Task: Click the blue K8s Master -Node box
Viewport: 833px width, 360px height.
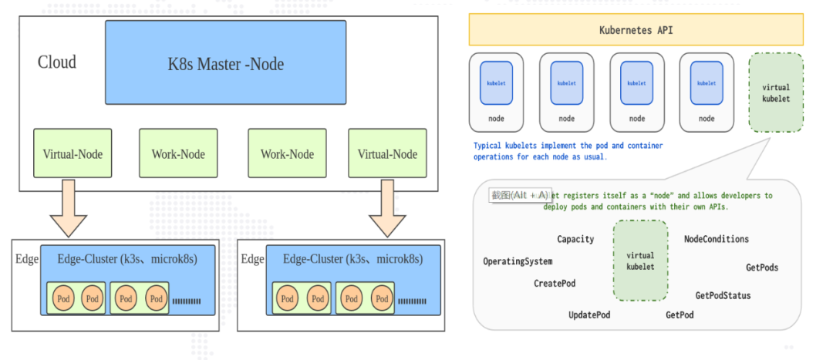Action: tap(225, 63)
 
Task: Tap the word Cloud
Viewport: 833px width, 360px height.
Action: tap(57, 62)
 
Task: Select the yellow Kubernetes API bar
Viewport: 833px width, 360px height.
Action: tap(636, 30)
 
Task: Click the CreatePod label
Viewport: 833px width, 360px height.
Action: tap(555, 284)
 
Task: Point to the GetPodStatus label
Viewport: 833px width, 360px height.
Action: tap(723, 295)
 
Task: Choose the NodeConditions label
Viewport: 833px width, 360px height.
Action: tap(716, 239)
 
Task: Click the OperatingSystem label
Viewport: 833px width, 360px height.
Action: tap(518, 261)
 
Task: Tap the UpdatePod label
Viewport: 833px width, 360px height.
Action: tap(589, 315)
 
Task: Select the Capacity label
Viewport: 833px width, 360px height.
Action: tap(575, 239)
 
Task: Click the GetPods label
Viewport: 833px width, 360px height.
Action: tap(761, 267)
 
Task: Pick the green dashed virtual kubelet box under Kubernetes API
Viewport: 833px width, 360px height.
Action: tap(775, 92)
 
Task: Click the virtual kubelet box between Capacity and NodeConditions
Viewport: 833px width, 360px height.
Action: tap(640, 261)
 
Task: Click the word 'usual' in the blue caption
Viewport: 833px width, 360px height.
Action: tap(592, 156)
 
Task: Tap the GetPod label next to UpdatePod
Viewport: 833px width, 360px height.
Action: tap(680, 315)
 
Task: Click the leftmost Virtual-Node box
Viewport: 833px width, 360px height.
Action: tap(73, 154)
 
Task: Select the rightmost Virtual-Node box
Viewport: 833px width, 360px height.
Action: tap(387, 154)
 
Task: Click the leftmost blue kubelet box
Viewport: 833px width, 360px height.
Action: tap(496, 83)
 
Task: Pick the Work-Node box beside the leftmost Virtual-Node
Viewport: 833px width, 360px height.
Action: tap(178, 154)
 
